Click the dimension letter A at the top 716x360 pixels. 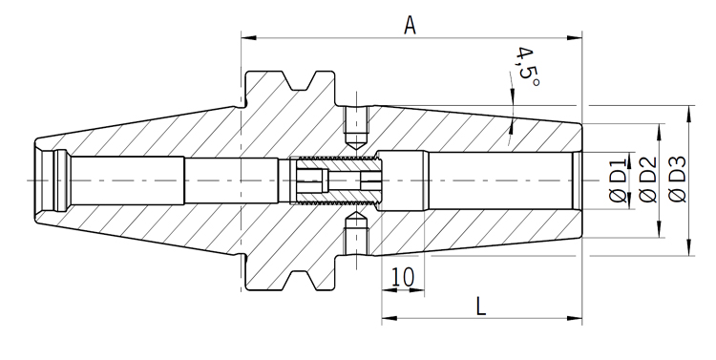click(411, 25)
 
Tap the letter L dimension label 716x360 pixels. click(481, 307)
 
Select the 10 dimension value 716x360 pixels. click(403, 277)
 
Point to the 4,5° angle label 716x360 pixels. click(527, 68)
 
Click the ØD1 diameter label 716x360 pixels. click(619, 180)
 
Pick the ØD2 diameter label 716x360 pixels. click(647, 180)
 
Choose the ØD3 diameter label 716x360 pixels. click(677, 180)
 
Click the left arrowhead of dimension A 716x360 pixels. click(249, 37)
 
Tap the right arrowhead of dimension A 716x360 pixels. click(575, 37)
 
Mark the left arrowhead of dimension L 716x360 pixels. click(390, 318)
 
